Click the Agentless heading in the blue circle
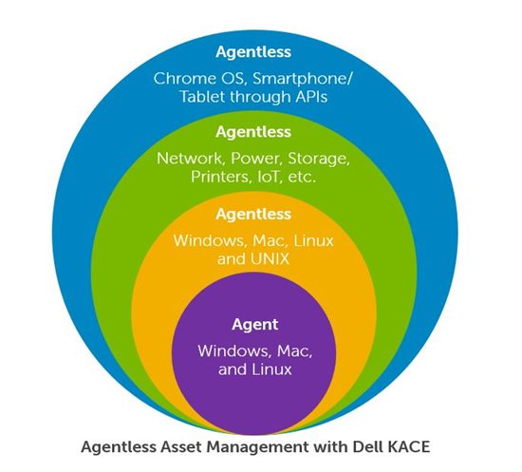(x=253, y=52)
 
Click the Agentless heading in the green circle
(x=253, y=132)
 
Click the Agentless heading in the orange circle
(x=253, y=215)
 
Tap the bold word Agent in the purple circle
(x=255, y=325)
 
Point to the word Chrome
(x=185, y=79)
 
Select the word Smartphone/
(x=302, y=79)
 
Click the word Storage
(x=319, y=160)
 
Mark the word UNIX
(x=270, y=259)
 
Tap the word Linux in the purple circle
(x=271, y=369)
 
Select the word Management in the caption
(x=257, y=447)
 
